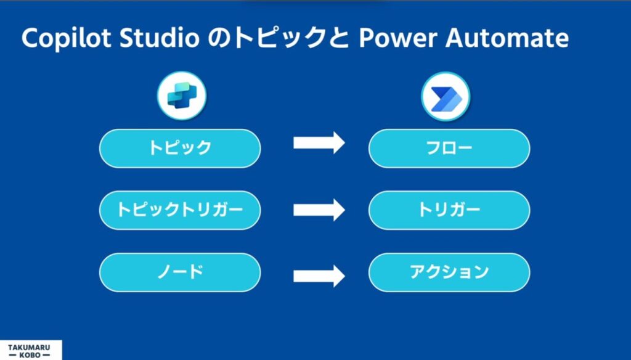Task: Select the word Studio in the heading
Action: point(160,38)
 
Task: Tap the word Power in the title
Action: point(397,38)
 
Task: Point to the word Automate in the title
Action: point(507,38)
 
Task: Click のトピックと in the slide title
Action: point(279,38)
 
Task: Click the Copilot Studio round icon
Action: point(182,96)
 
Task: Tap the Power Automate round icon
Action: point(446,97)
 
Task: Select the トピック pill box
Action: point(180,148)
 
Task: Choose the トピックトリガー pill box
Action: point(180,210)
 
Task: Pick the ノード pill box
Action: point(180,272)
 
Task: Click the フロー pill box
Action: point(449,148)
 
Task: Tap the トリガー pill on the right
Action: point(449,210)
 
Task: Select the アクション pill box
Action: point(449,272)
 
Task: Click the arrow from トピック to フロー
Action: point(319,143)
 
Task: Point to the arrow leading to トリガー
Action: point(319,210)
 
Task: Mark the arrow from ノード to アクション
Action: point(319,276)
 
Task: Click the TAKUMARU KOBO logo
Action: point(31,350)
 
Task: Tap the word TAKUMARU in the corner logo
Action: point(29,347)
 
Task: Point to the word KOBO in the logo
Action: point(30,355)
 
